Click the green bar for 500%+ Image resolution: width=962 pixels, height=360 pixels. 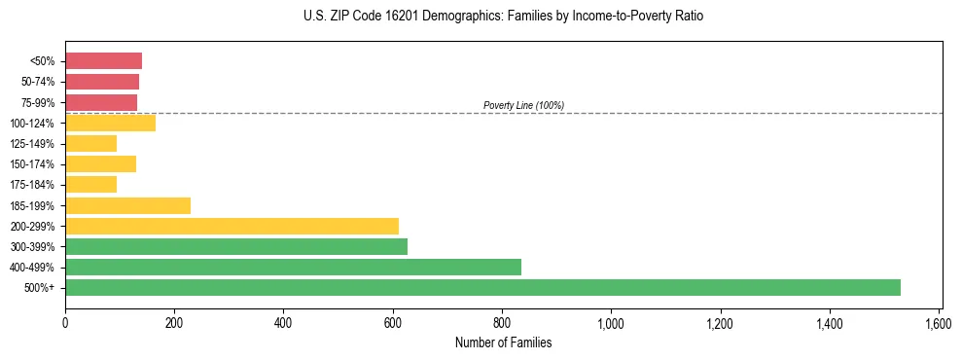pos(482,287)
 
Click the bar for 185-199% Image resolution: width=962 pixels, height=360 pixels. pos(127,205)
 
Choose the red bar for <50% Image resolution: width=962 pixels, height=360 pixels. pos(103,60)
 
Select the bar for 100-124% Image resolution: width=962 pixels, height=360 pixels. pos(110,123)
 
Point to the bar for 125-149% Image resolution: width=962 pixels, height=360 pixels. pos(90,143)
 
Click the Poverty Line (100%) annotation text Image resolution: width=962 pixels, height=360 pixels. pos(523,105)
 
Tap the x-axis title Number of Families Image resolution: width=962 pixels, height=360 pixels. pos(503,342)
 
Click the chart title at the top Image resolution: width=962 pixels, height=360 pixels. pos(503,17)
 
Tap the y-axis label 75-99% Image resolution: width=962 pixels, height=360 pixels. pos(39,102)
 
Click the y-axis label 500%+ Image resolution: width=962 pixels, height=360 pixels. pos(41,288)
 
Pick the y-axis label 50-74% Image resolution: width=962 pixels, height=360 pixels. pos(39,82)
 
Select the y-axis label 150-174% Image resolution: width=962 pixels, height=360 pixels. pos(33,164)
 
